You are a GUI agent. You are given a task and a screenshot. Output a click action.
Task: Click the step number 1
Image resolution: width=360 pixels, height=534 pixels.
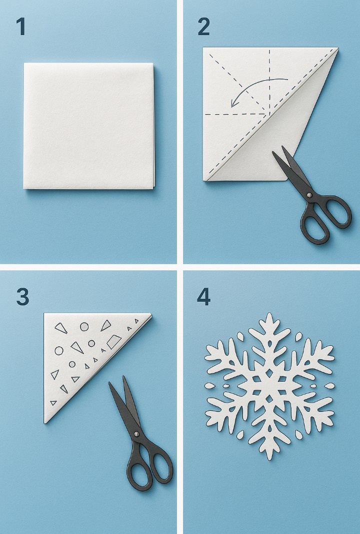pos(20,27)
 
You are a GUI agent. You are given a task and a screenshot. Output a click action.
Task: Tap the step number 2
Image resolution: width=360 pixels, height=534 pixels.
pos(203,27)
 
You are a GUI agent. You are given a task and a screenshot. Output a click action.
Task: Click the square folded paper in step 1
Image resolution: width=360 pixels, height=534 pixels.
pos(89,126)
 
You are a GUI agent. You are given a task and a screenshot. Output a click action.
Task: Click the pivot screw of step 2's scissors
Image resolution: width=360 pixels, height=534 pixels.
pos(309,195)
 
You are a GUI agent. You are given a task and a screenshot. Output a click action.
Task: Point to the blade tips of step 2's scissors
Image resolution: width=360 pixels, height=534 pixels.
pos(278,150)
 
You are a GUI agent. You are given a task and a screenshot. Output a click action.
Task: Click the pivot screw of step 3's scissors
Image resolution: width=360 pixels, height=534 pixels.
pos(136,434)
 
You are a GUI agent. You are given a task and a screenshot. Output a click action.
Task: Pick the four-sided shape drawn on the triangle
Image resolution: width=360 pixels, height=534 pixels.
pos(114,342)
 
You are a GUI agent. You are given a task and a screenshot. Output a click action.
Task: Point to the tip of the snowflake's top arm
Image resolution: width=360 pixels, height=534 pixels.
pos(269,313)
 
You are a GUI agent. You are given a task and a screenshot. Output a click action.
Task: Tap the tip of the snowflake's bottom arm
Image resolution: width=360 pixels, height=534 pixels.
pos(269,459)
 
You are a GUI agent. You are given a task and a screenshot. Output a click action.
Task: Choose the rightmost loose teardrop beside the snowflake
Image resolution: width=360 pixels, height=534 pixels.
pos(329,386)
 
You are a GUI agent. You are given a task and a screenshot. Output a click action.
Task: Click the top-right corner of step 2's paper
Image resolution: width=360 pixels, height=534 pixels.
pos(338,49)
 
